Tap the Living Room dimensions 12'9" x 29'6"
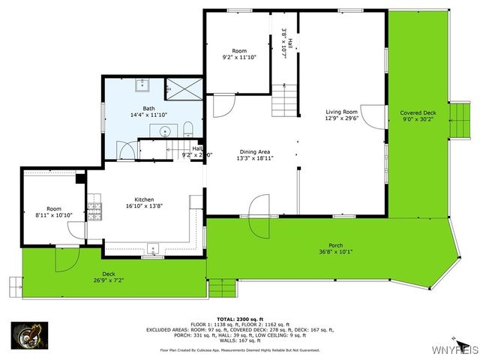click(x=341, y=118)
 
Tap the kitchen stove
click(x=94, y=207)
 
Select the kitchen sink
click(x=152, y=248)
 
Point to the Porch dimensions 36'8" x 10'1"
click(x=335, y=252)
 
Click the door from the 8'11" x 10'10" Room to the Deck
click(x=67, y=258)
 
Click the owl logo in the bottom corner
click(x=29, y=335)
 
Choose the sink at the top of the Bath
click(x=142, y=84)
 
